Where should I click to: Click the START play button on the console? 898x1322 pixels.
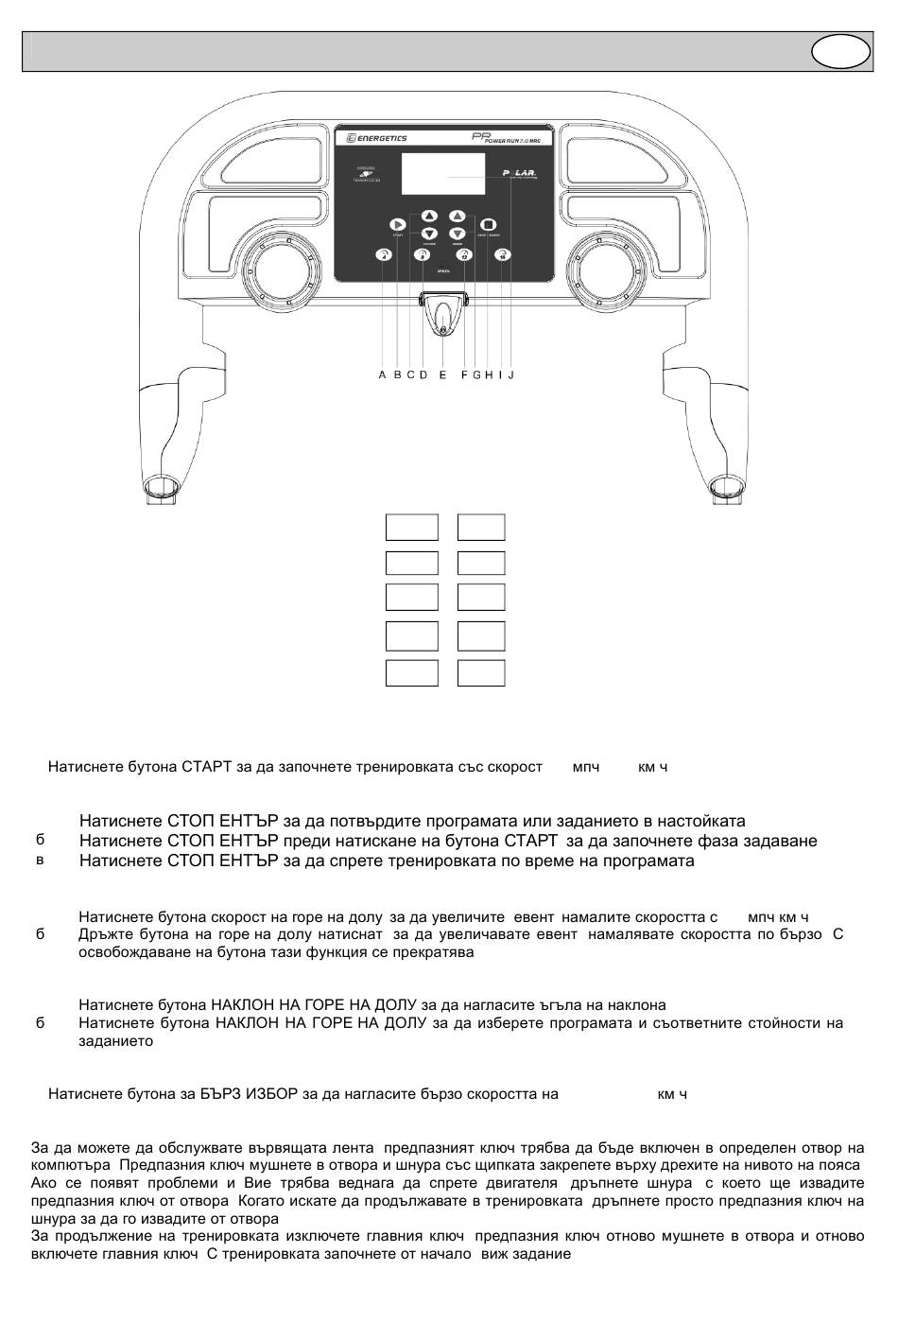coord(397,224)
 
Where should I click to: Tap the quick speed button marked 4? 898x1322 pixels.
coord(384,254)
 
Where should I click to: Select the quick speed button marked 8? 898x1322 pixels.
coord(423,254)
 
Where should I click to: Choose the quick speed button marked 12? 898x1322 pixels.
coord(463,254)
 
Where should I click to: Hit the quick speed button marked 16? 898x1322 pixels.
coord(503,254)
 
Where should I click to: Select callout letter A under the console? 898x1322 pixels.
coord(382,375)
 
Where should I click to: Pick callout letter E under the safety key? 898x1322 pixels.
coord(442,375)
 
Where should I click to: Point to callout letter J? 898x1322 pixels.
coord(510,375)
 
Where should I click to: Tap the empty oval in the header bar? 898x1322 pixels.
coord(839,52)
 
